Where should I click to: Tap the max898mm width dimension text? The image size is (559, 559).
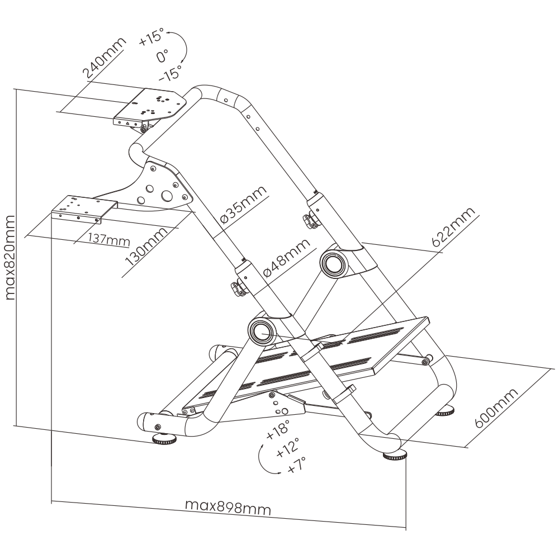click(228, 508)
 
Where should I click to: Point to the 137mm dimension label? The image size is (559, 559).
click(108, 240)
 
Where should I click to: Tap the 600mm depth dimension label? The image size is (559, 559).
click(497, 406)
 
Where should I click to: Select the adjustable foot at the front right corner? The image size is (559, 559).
click(395, 456)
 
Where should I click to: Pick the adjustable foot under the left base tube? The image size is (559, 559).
click(163, 440)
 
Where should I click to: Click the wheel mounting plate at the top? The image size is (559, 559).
click(151, 106)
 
